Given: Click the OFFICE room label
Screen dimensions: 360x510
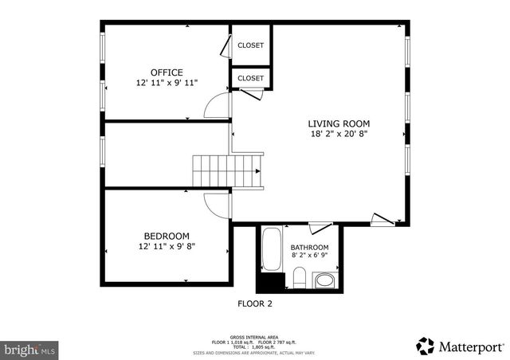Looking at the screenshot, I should coord(167,72).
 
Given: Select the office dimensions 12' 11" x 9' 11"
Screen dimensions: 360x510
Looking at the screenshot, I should coord(167,83).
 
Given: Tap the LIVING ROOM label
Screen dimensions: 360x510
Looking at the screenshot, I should coord(339,123).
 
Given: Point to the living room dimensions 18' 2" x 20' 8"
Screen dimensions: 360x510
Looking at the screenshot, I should coord(339,135).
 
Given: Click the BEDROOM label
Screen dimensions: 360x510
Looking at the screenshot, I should coord(166,236).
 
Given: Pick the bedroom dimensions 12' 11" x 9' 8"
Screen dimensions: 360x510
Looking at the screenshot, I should coord(166,246).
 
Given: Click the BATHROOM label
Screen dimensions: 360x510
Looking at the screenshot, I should coord(309,248).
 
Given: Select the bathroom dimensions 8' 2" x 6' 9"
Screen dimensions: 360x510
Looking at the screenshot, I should coord(309,256).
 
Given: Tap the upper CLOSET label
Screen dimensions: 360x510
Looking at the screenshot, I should coord(250,46).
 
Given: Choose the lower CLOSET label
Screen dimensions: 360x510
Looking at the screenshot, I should coord(250,78).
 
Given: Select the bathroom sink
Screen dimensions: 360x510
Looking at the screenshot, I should coord(324,280).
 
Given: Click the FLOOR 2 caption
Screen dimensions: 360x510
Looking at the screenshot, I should coord(255,303).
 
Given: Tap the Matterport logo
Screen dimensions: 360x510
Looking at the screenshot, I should coord(461,346).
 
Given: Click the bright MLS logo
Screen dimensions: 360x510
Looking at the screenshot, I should coord(29,349).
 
